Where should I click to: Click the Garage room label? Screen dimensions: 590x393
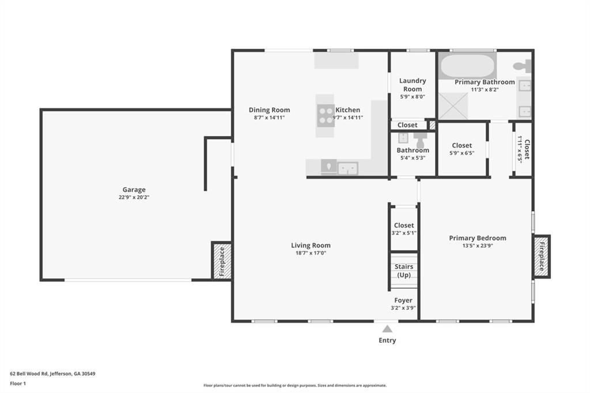click(x=134, y=190)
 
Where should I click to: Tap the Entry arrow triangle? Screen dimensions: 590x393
click(x=387, y=330)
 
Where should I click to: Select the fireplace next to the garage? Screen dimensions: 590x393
click(x=222, y=261)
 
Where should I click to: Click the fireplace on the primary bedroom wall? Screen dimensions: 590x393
click(x=542, y=257)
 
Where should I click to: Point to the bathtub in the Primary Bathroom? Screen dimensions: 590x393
click(x=467, y=67)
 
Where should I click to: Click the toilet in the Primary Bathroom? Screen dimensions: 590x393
click(x=522, y=66)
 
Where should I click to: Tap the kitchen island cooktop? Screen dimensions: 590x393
click(x=325, y=116)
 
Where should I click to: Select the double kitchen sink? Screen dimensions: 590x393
click(x=347, y=168)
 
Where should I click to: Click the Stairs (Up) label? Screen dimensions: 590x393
click(x=404, y=271)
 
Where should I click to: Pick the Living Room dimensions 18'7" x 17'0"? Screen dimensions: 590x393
click(x=311, y=253)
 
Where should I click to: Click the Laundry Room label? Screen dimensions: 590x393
click(x=413, y=85)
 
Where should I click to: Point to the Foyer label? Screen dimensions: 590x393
click(x=403, y=300)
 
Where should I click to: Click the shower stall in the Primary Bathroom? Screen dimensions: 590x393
click(x=453, y=106)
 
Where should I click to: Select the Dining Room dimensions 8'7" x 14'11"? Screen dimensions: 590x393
click(x=270, y=118)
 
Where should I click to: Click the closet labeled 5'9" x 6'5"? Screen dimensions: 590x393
click(x=462, y=149)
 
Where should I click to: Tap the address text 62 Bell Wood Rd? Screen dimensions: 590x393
click(x=29, y=374)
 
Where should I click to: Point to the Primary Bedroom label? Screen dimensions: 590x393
click(x=478, y=238)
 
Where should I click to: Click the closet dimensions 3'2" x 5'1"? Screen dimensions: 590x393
click(x=404, y=233)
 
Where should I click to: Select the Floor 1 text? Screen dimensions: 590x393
click(x=18, y=384)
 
